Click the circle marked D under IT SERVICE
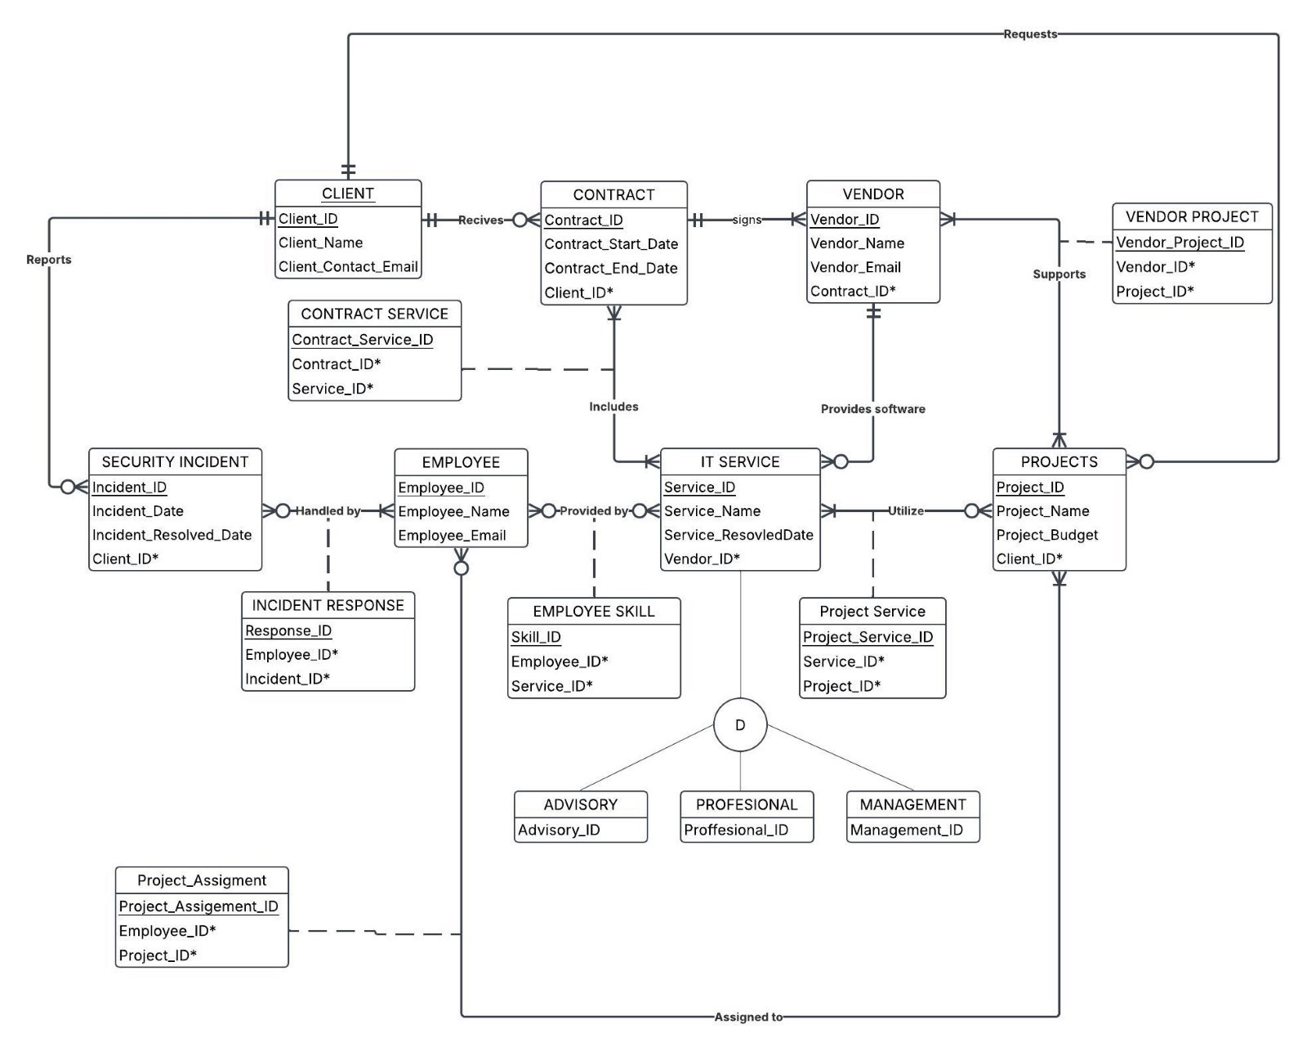[x=739, y=724]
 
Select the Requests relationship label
[x=1029, y=34]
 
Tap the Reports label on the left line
[x=49, y=260]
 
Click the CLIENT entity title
[x=348, y=194]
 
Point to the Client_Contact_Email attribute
[x=348, y=266]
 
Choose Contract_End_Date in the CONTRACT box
[x=611, y=268]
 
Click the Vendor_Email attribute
[x=855, y=267]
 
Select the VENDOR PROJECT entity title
[x=1192, y=216]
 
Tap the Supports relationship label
[x=1059, y=274]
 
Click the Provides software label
[x=872, y=409]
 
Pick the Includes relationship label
[x=613, y=407]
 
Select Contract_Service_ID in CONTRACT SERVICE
[x=363, y=340]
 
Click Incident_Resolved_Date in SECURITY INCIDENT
[x=172, y=535]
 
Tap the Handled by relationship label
[x=328, y=511]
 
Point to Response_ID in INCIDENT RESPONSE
[x=288, y=630]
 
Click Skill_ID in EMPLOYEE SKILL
[x=536, y=637]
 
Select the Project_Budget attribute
[x=1046, y=535]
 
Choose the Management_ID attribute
[x=906, y=830]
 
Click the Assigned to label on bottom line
[x=747, y=1017]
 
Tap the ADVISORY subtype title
[x=580, y=804]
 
